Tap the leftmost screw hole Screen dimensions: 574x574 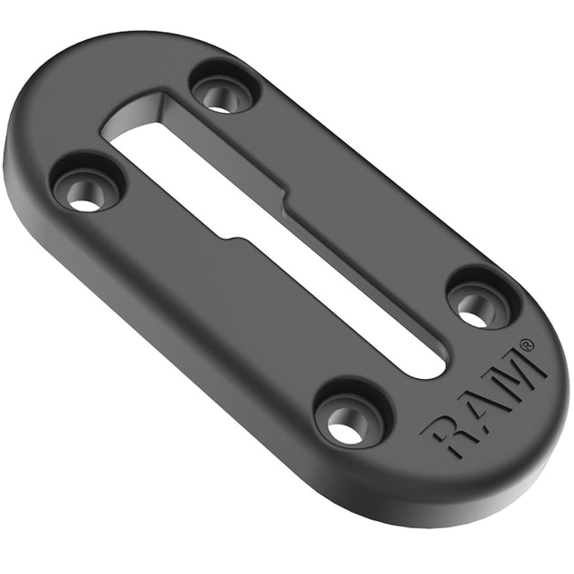tap(87, 190)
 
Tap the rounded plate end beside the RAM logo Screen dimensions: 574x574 tap(538, 428)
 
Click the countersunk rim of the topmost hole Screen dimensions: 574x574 tap(239, 84)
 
